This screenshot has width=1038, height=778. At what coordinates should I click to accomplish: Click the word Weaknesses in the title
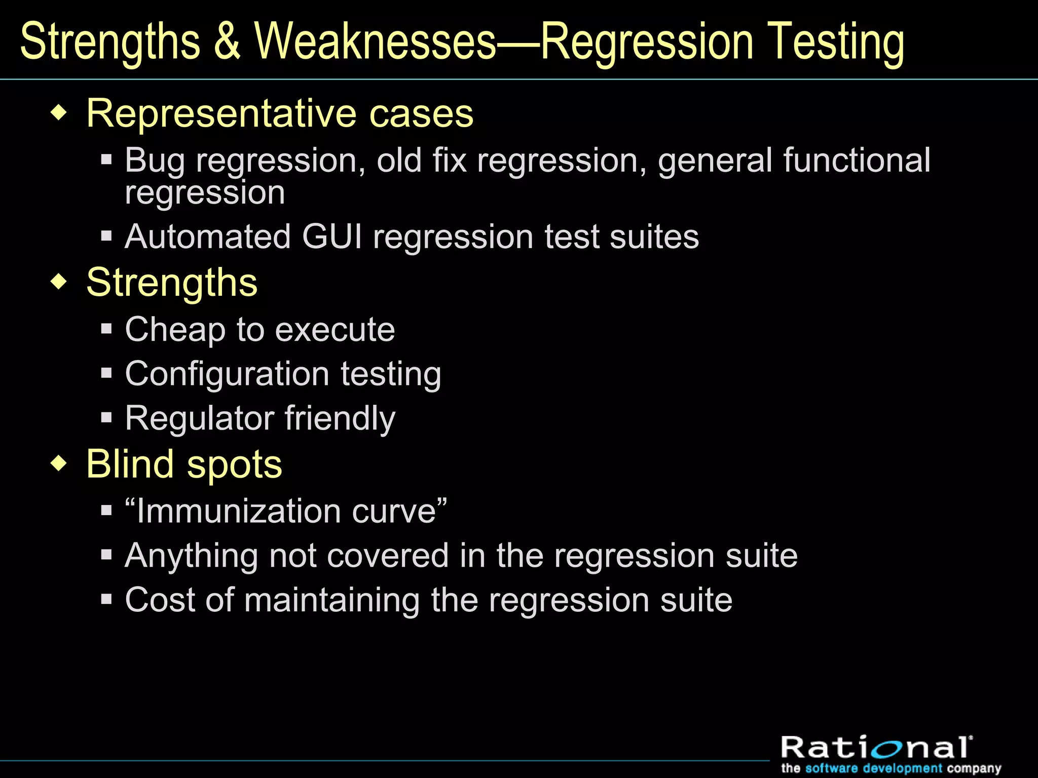[375, 42]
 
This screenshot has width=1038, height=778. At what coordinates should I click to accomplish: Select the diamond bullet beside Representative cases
[59, 112]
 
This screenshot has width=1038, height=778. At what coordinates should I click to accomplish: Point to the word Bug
[155, 161]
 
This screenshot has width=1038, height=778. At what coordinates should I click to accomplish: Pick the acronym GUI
[332, 237]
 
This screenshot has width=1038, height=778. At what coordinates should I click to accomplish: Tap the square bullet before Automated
[106, 236]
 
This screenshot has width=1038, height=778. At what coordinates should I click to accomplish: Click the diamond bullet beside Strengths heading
[59, 282]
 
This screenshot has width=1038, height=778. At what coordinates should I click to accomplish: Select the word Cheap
[175, 330]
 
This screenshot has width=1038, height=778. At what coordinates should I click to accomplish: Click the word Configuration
[228, 375]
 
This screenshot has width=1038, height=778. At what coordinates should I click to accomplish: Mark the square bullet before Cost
[106, 600]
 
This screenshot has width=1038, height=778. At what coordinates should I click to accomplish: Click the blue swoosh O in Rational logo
[894, 748]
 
